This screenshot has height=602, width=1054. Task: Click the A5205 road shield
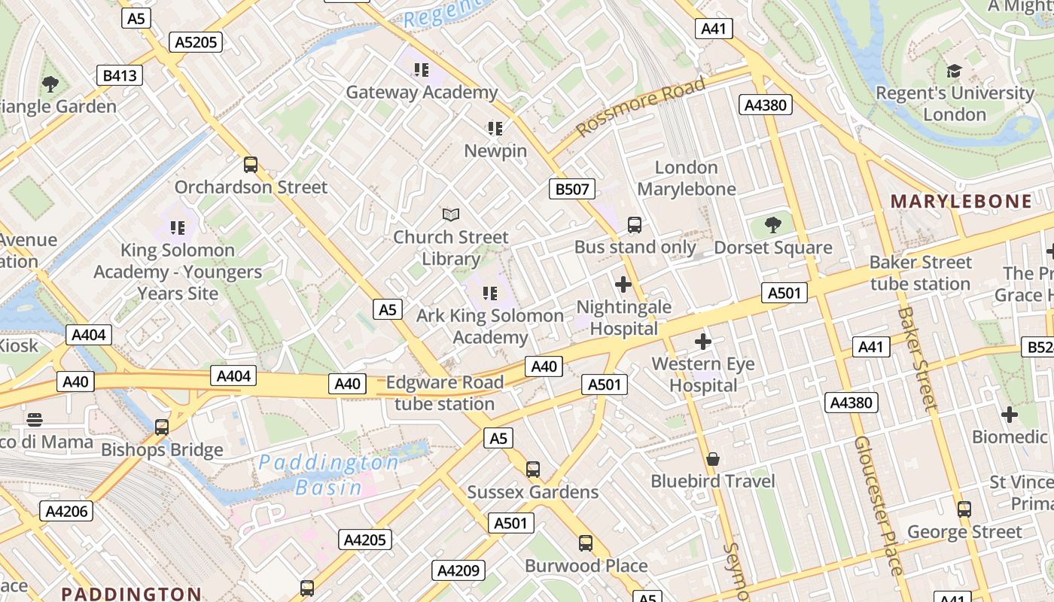click(x=196, y=42)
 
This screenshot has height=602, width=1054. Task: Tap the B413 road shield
click(x=120, y=75)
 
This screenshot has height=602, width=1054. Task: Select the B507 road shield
click(x=571, y=189)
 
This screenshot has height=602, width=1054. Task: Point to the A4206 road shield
click(x=67, y=512)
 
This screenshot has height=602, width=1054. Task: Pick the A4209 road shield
click(x=458, y=570)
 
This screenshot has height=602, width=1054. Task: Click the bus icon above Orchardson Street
click(x=251, y=164)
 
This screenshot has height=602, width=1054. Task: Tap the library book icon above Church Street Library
click(x=450, y=215)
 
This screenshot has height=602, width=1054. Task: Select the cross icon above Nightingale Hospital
click(x=623, y=284)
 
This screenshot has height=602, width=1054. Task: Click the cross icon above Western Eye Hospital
click(x=702, y=342)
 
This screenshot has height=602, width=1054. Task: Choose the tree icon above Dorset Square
click(x=772, y=224)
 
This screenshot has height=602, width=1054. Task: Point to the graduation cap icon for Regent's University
click(x=954, y=71)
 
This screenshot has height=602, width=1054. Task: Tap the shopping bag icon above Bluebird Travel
click(x=712, y=458)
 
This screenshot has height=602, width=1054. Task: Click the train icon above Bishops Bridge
click(x=161, y=427)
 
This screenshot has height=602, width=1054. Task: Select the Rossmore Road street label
click(x=641, y=106)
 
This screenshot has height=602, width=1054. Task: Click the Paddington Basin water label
click(x=328, y=475)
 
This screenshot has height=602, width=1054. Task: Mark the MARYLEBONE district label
click(x=961, y=201)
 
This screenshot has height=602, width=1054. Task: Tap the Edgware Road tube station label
click(x=444, y=393)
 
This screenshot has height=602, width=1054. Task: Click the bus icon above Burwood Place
click(x=585, y=543)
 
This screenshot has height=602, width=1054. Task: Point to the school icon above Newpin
click(x=495, y=128)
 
